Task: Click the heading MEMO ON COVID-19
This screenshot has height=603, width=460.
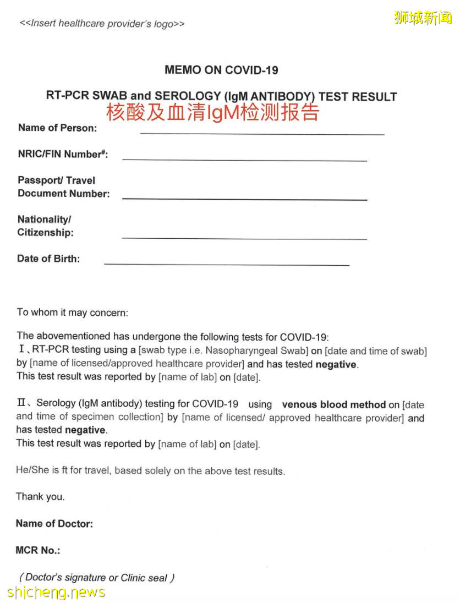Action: [x=221, y=70]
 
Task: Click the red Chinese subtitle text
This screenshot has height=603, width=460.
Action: [x=212, y=112]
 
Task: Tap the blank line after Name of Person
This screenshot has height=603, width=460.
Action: [x=262, y=133]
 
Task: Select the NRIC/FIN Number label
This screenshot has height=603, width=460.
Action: [x=63, y=155]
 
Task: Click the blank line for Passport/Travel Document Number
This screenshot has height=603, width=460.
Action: [x=244, y=198]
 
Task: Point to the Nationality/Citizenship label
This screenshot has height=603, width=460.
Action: [x=45, y=226]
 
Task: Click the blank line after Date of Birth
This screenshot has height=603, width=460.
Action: [x=227, y=264]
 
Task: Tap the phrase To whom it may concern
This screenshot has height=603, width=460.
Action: [x=72, y=313]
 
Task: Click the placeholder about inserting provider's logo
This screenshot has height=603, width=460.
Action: [x=102, y=24]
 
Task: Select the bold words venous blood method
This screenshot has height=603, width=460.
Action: [x=333, y=404]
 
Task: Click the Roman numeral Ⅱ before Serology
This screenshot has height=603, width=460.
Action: [x=22, y=404]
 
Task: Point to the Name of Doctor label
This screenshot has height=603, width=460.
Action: [x=54, y=524]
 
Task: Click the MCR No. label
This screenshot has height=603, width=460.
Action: [x=38, y=550]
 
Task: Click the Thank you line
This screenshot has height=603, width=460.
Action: [x=40, y=497]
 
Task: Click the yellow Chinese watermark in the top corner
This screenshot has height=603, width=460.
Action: [x=423, y=18]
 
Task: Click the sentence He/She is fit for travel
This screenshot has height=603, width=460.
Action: [x=150, y=471]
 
